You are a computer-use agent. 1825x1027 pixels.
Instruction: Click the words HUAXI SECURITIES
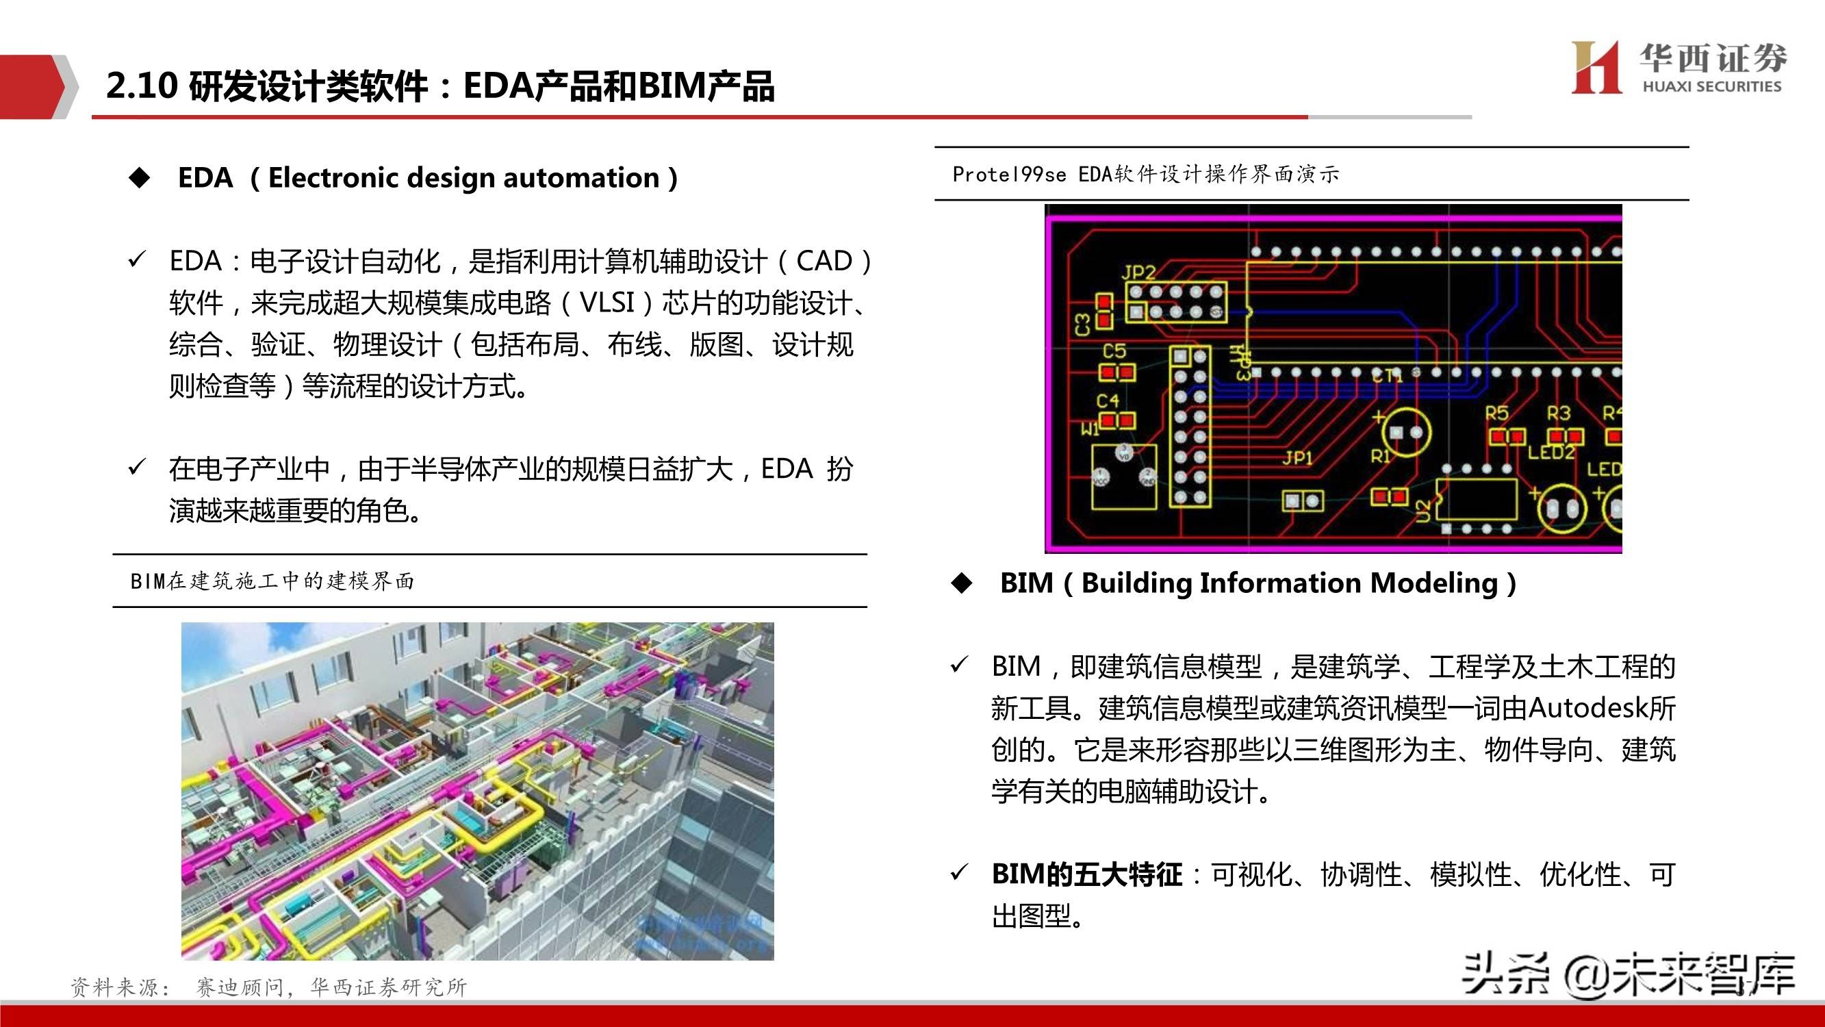tap(1711, 86)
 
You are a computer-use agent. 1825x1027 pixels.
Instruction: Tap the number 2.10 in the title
tap(142, 86)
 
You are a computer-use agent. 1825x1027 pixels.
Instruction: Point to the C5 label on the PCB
tap(1114, 351)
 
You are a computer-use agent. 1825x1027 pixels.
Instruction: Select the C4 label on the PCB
tap(1108, 401)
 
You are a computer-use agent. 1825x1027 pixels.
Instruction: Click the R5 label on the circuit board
tap(1497, 412)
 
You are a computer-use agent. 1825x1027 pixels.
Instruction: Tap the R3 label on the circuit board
tap(1559, 412)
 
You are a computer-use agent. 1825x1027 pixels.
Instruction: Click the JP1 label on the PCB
tap(1297, 459)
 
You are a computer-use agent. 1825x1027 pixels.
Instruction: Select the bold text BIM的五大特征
tap(1087, 874)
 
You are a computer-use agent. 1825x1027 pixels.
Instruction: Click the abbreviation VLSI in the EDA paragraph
tap(607, 303)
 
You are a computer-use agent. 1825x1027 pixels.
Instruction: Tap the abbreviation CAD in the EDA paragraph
tap(824, 261)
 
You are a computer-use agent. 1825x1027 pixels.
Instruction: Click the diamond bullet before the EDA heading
tap(140, 177)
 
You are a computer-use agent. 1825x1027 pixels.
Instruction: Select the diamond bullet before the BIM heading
tap(962, 583)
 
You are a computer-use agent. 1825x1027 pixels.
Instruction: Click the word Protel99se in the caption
tap(1009, 175)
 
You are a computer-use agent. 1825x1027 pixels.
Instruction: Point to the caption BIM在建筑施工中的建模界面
tap(272, 581)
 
